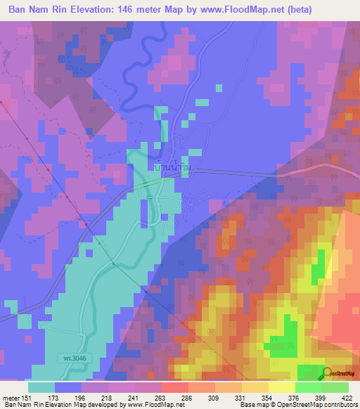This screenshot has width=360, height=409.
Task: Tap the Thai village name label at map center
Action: [x=172, y=170]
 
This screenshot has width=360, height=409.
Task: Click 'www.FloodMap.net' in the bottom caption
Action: [x=152, y=405]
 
